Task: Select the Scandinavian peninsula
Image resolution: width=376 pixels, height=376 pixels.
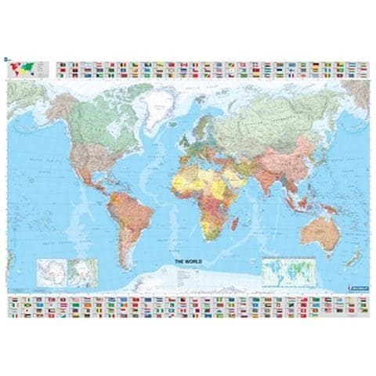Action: pos(201,110)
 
